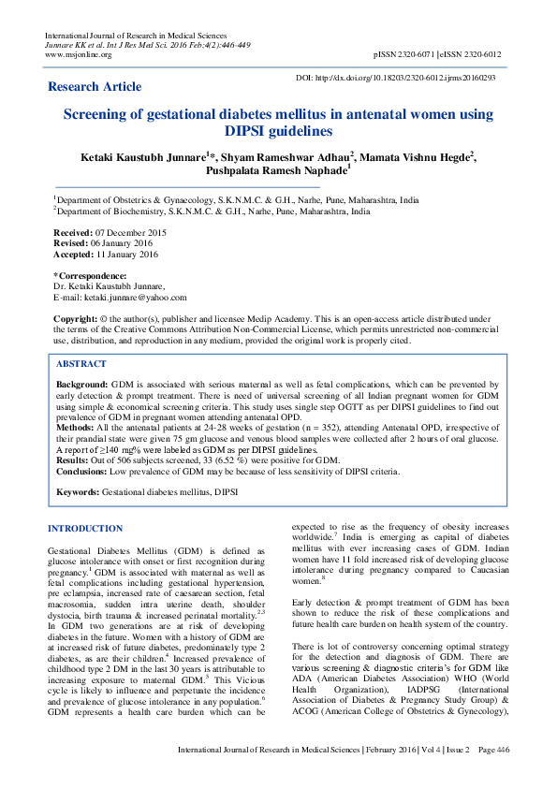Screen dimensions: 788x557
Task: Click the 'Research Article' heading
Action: [95, 87]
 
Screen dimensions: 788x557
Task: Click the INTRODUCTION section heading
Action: [85, 529]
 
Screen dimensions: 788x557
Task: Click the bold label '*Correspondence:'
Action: [90, 275]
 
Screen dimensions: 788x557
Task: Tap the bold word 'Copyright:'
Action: [79, 318]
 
